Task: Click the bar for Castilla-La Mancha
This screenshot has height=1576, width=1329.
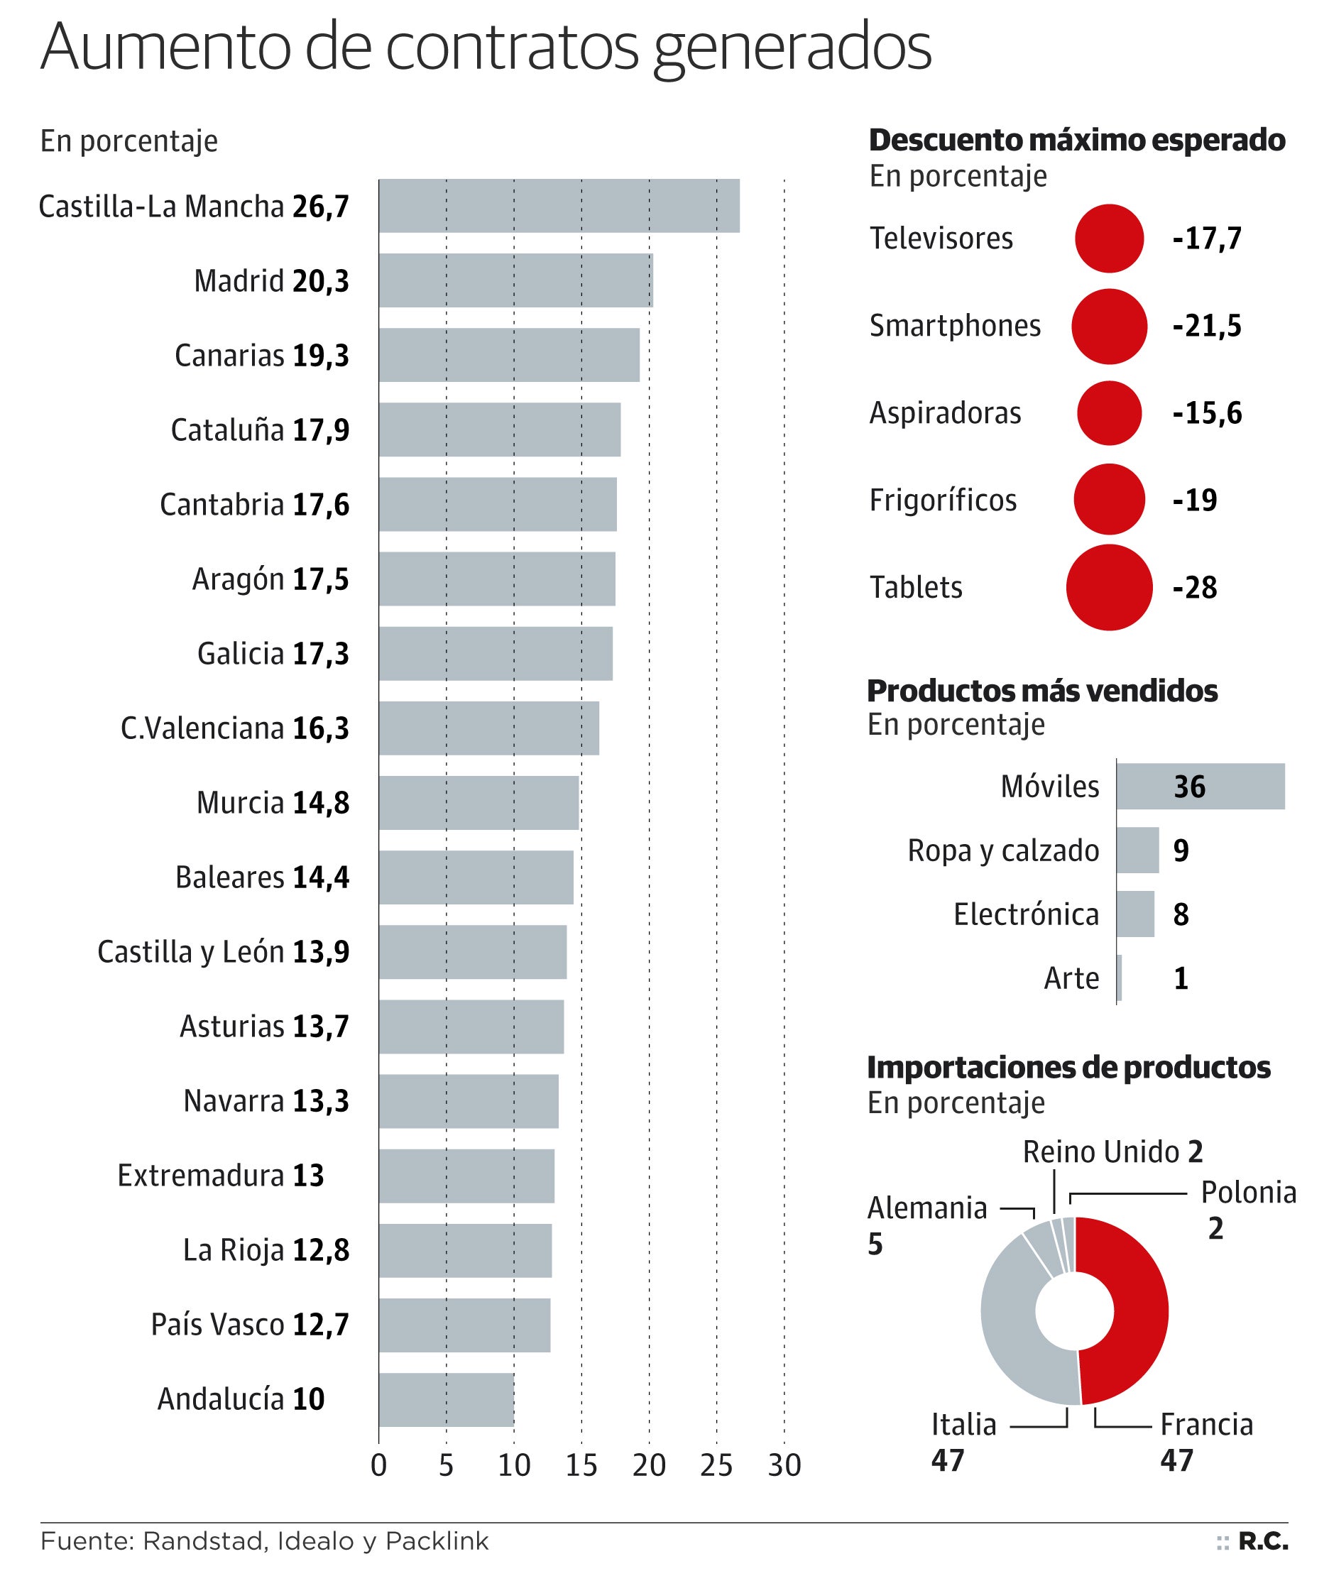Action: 559,206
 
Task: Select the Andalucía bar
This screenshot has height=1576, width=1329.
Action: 446,1399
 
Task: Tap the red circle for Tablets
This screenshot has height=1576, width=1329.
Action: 1109,587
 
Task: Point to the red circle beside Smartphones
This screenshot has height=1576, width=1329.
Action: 1109,326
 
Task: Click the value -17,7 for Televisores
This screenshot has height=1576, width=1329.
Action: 1207,239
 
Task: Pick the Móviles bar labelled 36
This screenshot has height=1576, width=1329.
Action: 1201,787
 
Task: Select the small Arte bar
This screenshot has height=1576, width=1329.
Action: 1120,978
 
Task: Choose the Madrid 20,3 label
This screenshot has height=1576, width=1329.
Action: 271,281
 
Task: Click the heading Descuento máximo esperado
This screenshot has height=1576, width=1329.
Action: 1076,141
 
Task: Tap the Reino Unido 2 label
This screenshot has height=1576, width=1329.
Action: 1112,1152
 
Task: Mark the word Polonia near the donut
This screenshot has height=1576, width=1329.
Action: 1248,1193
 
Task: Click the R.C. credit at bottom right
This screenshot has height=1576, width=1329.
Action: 1263,1541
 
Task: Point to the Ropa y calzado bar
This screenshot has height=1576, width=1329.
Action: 1137,850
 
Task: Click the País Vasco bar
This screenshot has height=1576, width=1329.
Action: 464,1325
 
